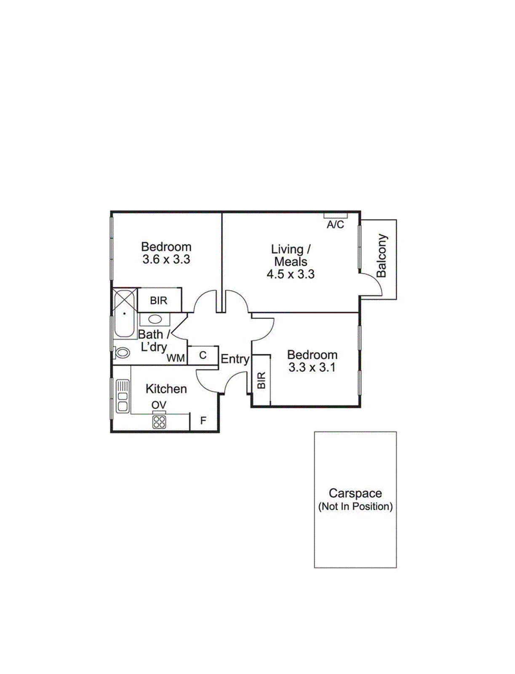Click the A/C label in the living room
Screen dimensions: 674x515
coord(335,225)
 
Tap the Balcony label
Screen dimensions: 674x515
coord(382,256)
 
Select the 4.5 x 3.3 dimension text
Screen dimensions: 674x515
coord(291,274)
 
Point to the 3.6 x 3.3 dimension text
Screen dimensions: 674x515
coord(166,259)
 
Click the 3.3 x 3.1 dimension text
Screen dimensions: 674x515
coord(312,367)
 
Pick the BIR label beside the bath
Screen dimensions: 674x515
coord(159,300)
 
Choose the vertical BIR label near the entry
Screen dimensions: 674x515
coord(262,380)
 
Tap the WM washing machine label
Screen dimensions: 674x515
coord(176,358)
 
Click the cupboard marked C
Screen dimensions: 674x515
coord(203,355)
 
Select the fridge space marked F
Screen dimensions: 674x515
coord(203,420)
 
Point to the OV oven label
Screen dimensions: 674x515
coord(159,405)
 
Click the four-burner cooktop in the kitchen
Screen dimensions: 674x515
coord(159,422)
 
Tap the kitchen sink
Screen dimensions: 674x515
coord(123,396)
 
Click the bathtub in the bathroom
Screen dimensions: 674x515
coord(124,313)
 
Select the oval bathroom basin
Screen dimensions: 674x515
coord(155,319)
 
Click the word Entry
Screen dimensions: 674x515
coord(235,359)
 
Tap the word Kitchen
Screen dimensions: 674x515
coord(166,389)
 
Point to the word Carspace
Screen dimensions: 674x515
coord(355,493)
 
